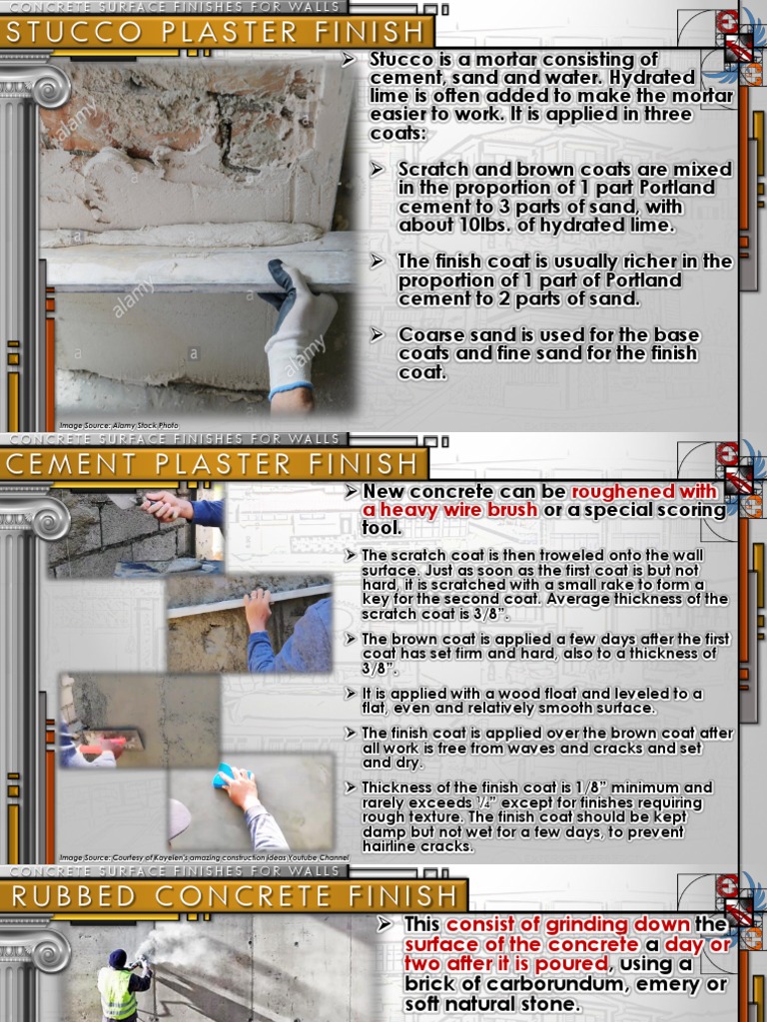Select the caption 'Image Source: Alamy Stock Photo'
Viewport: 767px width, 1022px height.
click(118, 425)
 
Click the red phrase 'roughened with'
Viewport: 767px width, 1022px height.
click(644, 492)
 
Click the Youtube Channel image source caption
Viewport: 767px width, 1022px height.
click(200, 857)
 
